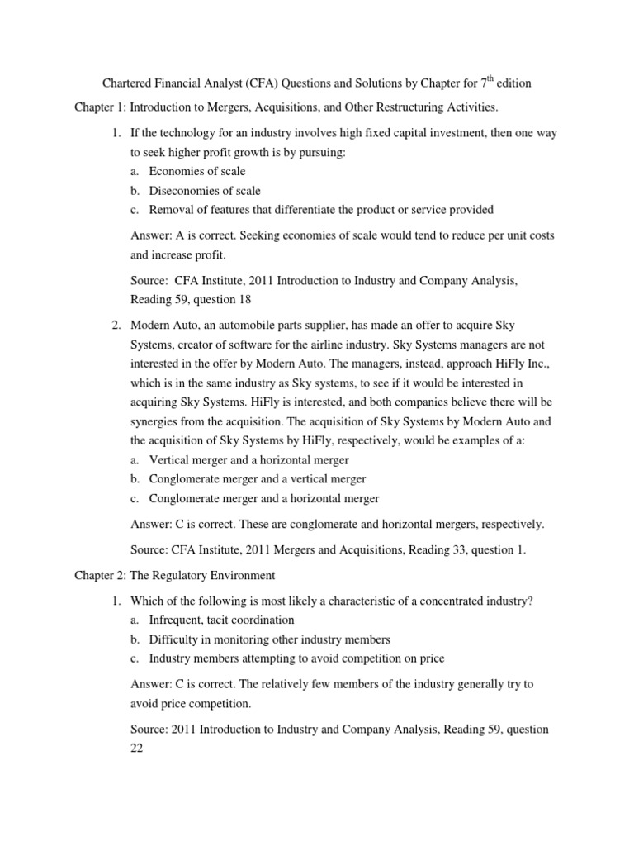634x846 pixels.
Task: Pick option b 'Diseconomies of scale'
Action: tap(204, 191)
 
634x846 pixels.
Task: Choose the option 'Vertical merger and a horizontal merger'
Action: tap(248, 460)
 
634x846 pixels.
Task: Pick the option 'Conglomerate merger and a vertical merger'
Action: tap(257, 479)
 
